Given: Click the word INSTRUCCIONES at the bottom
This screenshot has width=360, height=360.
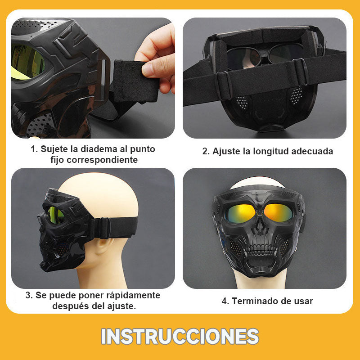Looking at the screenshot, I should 180,336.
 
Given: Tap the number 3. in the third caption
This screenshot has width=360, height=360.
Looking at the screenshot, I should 29,296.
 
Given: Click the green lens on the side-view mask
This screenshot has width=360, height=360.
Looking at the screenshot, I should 56,215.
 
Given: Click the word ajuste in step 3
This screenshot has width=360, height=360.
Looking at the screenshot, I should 119,306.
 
